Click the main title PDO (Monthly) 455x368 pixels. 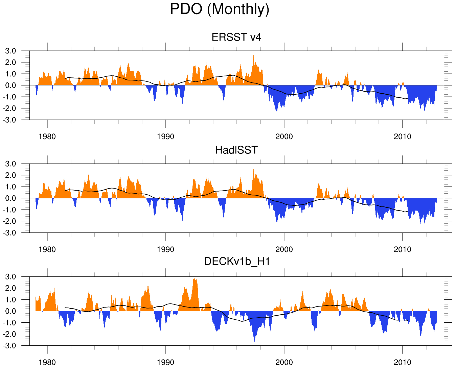[x=220, y=9]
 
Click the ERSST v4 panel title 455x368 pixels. [x=236, y=37]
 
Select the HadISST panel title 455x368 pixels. [x=236, y=150]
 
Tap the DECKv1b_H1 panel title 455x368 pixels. [x=237, y=262]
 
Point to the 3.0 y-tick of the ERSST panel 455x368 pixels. [x=10, y=51]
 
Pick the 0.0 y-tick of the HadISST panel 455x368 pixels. [x=10, y=198]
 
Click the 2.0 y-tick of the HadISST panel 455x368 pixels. [x=10, y=175]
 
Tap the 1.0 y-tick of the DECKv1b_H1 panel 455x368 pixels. [x=10, y=300]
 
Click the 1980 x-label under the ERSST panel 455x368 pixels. [x=47, y=137]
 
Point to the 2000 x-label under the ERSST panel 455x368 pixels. [x=284, y=137]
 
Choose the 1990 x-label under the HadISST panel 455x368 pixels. [x=165, y=250]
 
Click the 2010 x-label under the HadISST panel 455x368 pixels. [x=402, y=250]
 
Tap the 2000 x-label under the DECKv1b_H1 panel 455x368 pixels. [x=284, y=363]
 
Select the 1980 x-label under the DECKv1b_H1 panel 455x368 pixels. [x=47, y=363]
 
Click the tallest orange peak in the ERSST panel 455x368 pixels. [x=254, y=56]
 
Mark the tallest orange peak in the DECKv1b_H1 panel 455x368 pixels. [x=194, y=279]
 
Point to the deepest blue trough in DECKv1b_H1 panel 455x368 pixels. [x=255, y=341]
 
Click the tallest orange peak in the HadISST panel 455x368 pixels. [x=254, y=170]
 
